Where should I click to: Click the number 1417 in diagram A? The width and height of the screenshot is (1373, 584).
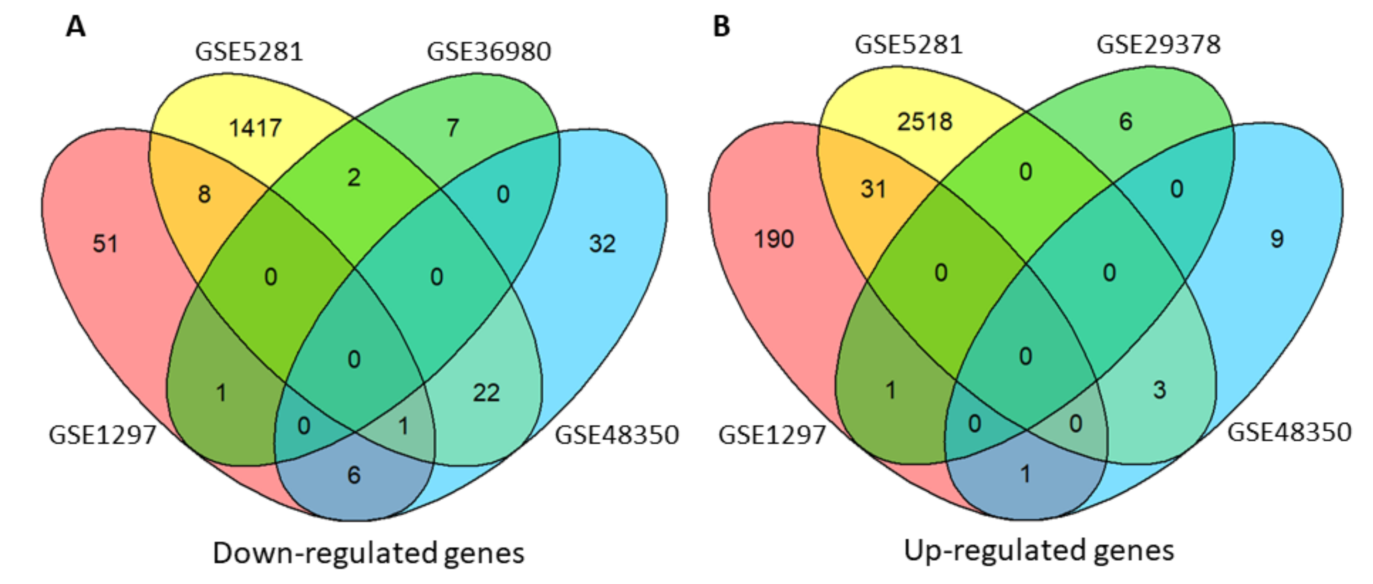[x=255, y=128]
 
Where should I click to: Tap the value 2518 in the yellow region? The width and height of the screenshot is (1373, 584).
[x=924, y=121]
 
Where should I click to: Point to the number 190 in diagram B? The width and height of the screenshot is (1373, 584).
[x=773, y=239]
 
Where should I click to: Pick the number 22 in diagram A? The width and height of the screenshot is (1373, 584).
[x=486, y=393]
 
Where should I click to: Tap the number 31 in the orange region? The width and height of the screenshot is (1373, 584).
[x=873, y=189]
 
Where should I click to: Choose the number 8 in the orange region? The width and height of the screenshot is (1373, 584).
[x=204, y=194]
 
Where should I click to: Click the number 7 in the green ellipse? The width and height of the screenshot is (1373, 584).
[x=453, y=128]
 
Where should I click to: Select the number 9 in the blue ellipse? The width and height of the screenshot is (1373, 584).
[x=1277, y=239]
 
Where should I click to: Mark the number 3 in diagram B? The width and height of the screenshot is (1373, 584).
[x=1160, y=390]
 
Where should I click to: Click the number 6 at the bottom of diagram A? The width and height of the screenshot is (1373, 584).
[x=354, y=475]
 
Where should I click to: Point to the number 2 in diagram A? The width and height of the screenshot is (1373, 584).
[x=354, y=177]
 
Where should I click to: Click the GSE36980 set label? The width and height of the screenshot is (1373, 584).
[x=489, y=52]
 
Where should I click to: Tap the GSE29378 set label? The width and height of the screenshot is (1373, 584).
[x=1158, y=45]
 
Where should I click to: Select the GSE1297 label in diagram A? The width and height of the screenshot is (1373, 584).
[x=102, y=435]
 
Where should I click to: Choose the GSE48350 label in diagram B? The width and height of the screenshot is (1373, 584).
[x=1289, y=432]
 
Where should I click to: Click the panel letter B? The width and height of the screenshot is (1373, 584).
[x=721, y=26]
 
